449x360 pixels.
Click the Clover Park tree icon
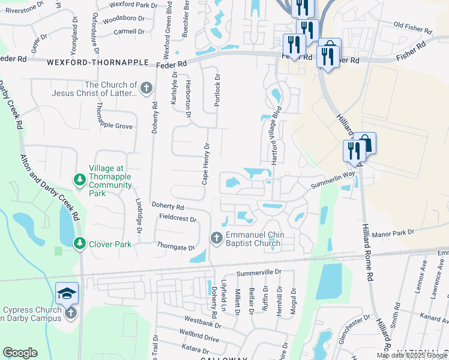coord(79,244)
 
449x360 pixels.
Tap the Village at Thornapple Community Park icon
coord(79,179)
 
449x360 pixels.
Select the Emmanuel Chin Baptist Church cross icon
coord(217,238)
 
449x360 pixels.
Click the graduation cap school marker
coord(67,293)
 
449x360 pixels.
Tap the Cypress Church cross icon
coord(70,313)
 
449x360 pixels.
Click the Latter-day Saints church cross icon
coord(146,89)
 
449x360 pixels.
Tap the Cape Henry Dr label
coord(205,163)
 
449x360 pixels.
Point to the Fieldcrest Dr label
coord(177,219)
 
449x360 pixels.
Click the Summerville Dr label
coord(259,272)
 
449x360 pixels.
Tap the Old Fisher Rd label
coord(412,28)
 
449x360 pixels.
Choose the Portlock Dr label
coord(217,90)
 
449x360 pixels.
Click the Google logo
coord(20,353)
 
